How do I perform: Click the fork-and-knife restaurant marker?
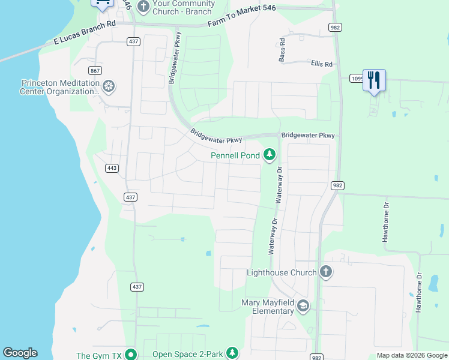coord(374,80)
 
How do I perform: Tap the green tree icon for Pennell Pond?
coord(270,155)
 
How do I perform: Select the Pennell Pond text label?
coord(235,155)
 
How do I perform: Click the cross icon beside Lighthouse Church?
coord(325,272)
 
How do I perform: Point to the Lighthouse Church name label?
coord(282,272)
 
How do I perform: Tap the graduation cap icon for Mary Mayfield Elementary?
coord(303,307)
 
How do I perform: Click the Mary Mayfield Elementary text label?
coord(268,307)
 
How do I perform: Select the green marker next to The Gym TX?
coord(130,355)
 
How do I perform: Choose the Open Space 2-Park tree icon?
coord(232,354)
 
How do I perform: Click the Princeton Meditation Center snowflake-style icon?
coord(108,87)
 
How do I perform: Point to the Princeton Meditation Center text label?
coord(59,88)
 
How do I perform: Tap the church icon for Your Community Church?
coord(143,7)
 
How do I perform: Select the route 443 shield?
coord(111,168)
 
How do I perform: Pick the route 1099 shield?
coord(356,78)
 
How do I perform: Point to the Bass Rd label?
coord(282,51)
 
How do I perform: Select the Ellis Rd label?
coord(321,63)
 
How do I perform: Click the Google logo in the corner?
coord(20,353)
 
